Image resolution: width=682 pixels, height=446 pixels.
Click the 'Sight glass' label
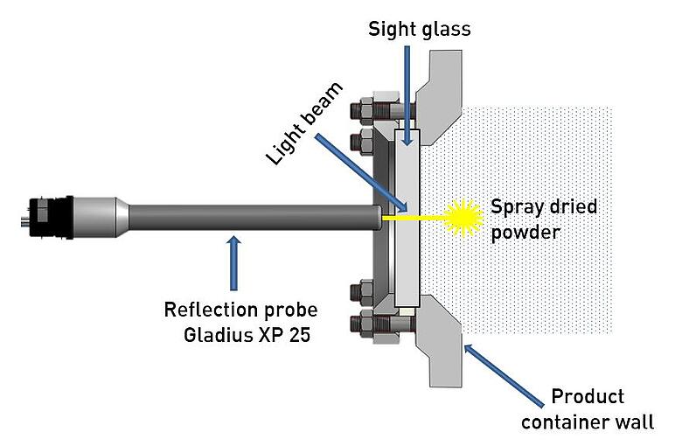point(419,29)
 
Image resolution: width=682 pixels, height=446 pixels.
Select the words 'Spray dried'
point(544,207)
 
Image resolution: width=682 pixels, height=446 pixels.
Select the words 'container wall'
point(587,422)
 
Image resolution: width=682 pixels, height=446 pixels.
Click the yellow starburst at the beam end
point(463,216)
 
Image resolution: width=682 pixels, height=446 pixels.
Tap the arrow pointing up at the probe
point(232,262)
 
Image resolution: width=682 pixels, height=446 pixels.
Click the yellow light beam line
point(419,217)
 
